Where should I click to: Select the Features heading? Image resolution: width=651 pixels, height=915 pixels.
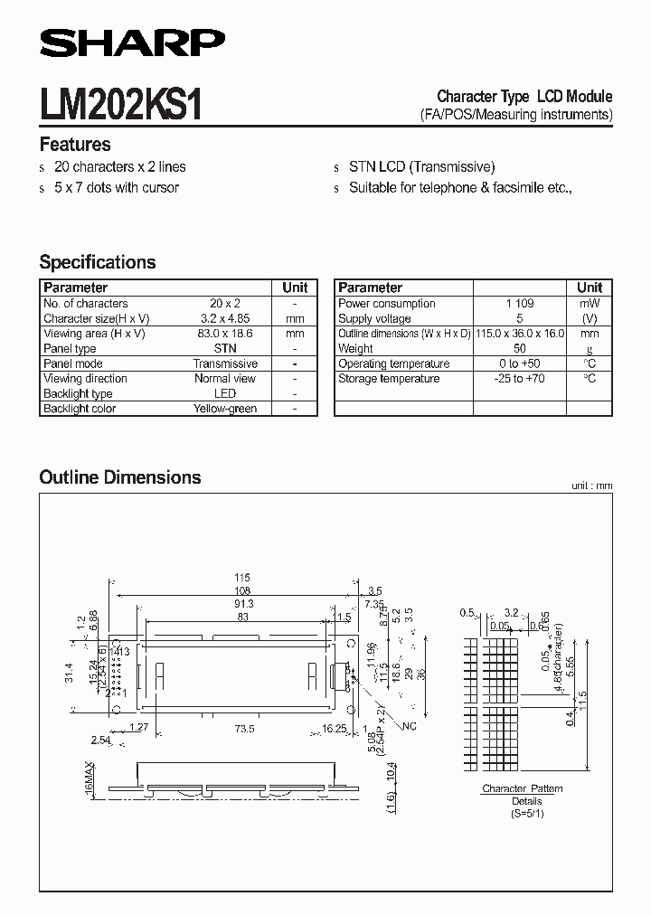tap(75, 145)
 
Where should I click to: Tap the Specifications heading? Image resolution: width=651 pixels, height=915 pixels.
tap(98, 262)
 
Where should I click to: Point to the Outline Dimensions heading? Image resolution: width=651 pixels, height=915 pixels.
tap(120, 477)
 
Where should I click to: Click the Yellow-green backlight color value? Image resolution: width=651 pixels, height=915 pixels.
tap(225, 409)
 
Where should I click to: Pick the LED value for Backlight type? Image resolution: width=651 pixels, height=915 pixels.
tap(225, 393)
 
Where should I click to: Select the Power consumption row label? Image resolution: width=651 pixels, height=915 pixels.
tap(387, 304)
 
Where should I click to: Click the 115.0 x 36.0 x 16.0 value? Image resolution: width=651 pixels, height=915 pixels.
tap(520, 334)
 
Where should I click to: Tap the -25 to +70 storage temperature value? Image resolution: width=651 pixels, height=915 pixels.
tap(520, 379)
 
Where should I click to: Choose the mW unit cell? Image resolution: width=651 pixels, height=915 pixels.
tap(590, 304)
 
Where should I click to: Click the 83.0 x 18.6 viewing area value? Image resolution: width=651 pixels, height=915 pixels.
tap(225, 334)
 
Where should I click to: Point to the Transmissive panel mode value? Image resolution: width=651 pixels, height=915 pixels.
tap(225, 363)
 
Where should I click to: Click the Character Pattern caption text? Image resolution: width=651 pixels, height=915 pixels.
tap(522, 788)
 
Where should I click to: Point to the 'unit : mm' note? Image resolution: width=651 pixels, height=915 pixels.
tap(591, 486)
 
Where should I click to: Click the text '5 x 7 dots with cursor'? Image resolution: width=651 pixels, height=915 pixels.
tap(117, 187)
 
